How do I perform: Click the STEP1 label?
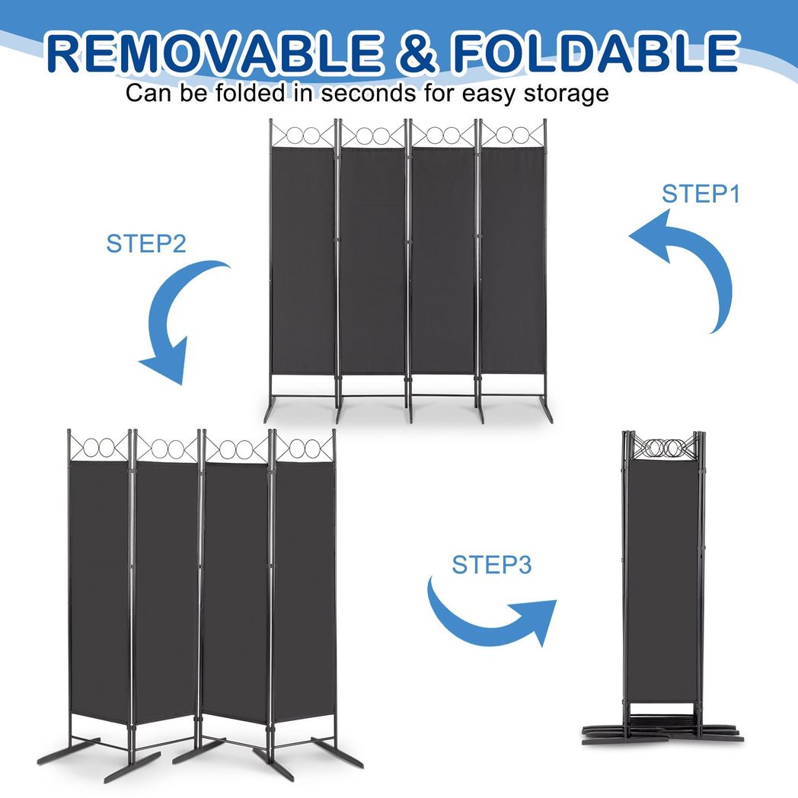coord(701,194)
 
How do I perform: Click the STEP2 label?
coord(145,244)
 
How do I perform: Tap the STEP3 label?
coord(491,565)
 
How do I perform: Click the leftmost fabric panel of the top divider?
coord(303,259)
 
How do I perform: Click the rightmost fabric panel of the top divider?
coord(512,259)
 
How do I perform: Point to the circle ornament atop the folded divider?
coord(660,448)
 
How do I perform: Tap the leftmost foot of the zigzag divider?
coord(65,754)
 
